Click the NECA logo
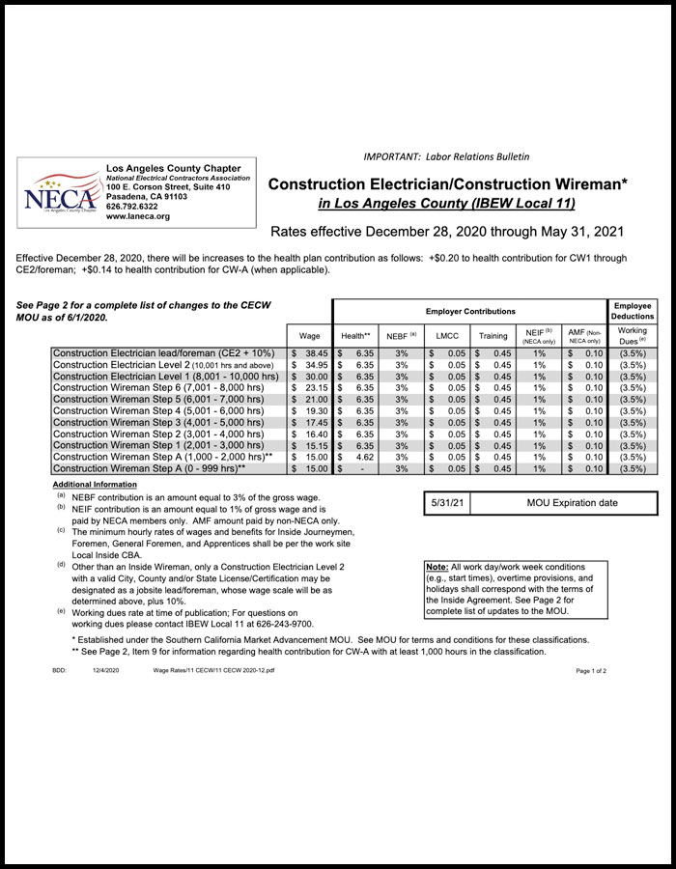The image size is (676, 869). tap(60, 192)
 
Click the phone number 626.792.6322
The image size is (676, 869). tap(132, 206)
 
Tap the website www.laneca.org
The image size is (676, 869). tap(138, 216)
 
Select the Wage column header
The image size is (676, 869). tap(310, 335)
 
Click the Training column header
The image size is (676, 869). tap(493, 335)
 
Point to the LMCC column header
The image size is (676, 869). tap(446, 335)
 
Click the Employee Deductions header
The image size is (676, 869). tap(633, 310)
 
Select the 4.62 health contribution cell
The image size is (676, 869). tap(357, 457)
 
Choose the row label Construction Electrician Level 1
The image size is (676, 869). tap(165, 377)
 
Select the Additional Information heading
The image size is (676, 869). tap(95, 484)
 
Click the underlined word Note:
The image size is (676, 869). tap(436, 566)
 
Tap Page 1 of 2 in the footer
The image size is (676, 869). tap(591, 669)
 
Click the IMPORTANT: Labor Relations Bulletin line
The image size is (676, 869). tap(446, 156)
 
